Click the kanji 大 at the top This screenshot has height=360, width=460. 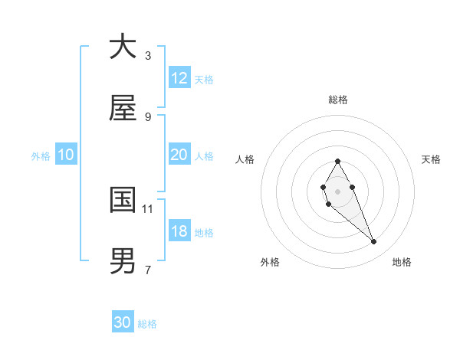123,47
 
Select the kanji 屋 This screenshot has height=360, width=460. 123,109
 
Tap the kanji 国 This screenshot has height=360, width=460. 123,200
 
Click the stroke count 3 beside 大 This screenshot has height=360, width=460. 148,55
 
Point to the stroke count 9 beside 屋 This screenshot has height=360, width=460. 148,116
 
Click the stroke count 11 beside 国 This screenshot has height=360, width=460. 148,208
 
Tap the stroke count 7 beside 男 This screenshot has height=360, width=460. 148,270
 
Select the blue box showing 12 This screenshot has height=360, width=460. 179,78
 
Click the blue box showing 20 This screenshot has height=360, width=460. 179,155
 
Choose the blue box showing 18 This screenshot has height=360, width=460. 179,231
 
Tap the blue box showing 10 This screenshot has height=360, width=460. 65,155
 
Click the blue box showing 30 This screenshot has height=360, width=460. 123,322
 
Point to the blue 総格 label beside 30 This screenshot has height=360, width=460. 147,324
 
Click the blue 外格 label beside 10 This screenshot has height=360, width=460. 41,156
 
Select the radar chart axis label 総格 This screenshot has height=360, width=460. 337,100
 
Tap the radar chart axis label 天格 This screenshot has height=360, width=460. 431,159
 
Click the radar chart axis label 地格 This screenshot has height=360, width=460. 402,262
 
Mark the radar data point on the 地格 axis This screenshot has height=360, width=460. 374,242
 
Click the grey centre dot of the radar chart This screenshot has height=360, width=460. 337,191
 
